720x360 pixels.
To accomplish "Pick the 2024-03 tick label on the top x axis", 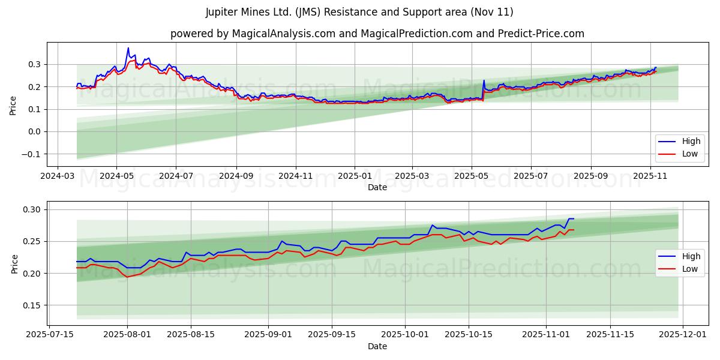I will [x=57, y=177].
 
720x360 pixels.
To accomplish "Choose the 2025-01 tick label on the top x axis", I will [x=355, y=177].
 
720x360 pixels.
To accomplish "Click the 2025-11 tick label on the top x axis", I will [x=650, y=177].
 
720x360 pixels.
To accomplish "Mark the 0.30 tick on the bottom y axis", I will [x=33, y=209].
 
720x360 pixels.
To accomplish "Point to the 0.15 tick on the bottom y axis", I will [x=33, y=305].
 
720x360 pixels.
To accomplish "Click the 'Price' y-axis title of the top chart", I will [x=13, y=105].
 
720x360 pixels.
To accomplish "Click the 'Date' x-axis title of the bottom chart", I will [x=377, y=346].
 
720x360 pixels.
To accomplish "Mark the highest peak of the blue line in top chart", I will [x=128, y=48].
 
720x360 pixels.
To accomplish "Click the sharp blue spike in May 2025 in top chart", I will [x=484, y=80].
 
